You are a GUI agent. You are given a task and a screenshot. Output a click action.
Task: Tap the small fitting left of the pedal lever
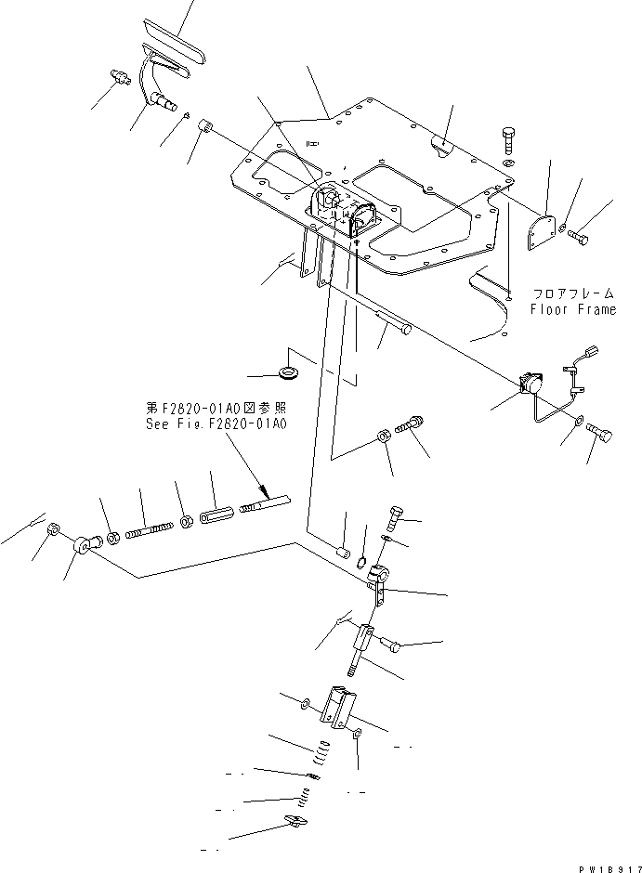click(x=119, y=77)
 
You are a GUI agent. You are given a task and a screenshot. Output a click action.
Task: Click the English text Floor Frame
click(x=572, y=309)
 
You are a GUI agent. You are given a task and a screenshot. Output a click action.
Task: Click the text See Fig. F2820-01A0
click(x=216, y=423)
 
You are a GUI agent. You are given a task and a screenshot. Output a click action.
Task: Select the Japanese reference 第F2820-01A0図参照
click(x=216, y=407)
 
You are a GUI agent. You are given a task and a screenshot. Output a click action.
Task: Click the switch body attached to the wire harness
click(x=530, y=382)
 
